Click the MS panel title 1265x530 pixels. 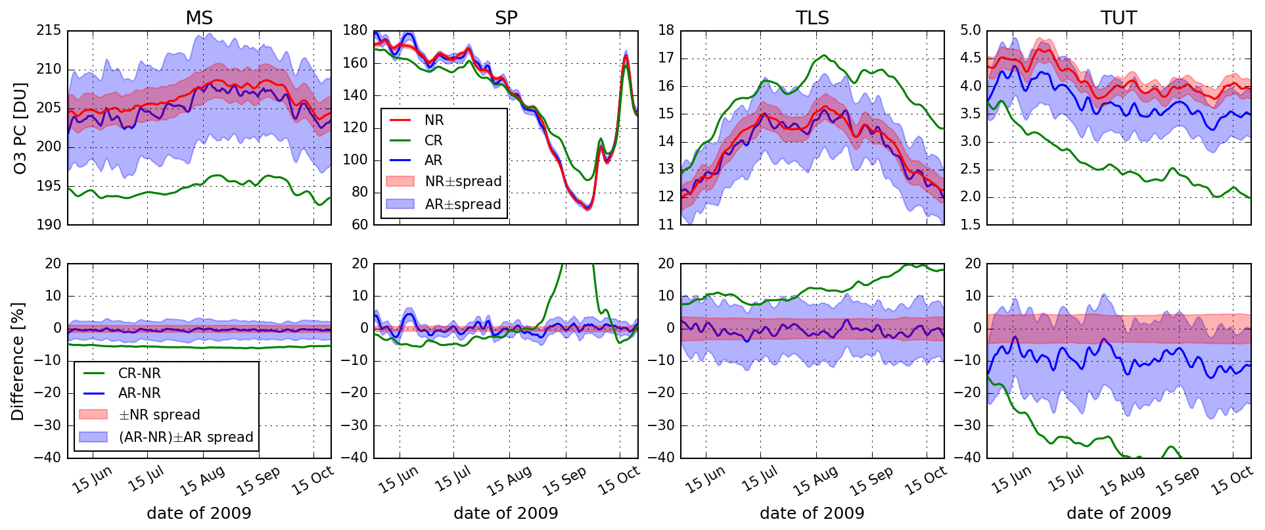[x=199, y=18]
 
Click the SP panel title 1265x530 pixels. [x=506, y=18]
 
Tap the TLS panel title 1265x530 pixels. [x=812, y=18]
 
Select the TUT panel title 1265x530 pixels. [x=1118, y=18]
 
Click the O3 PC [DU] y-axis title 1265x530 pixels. [x=20, y=128]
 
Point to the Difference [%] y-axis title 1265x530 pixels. [x=18, y=361]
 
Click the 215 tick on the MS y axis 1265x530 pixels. [x=49, y=30]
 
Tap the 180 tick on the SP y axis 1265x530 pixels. [x=356, y=30]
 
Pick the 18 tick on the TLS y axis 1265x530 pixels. [x=666, y=30]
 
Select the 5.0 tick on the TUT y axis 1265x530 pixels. [x=971, y=30]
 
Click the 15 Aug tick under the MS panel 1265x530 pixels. [x=202, y=481]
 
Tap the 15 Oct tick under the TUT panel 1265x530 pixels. [x=1231, y=481]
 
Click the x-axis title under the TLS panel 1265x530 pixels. [x=812, y=513]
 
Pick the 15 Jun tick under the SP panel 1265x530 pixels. [x=398, y=481]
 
